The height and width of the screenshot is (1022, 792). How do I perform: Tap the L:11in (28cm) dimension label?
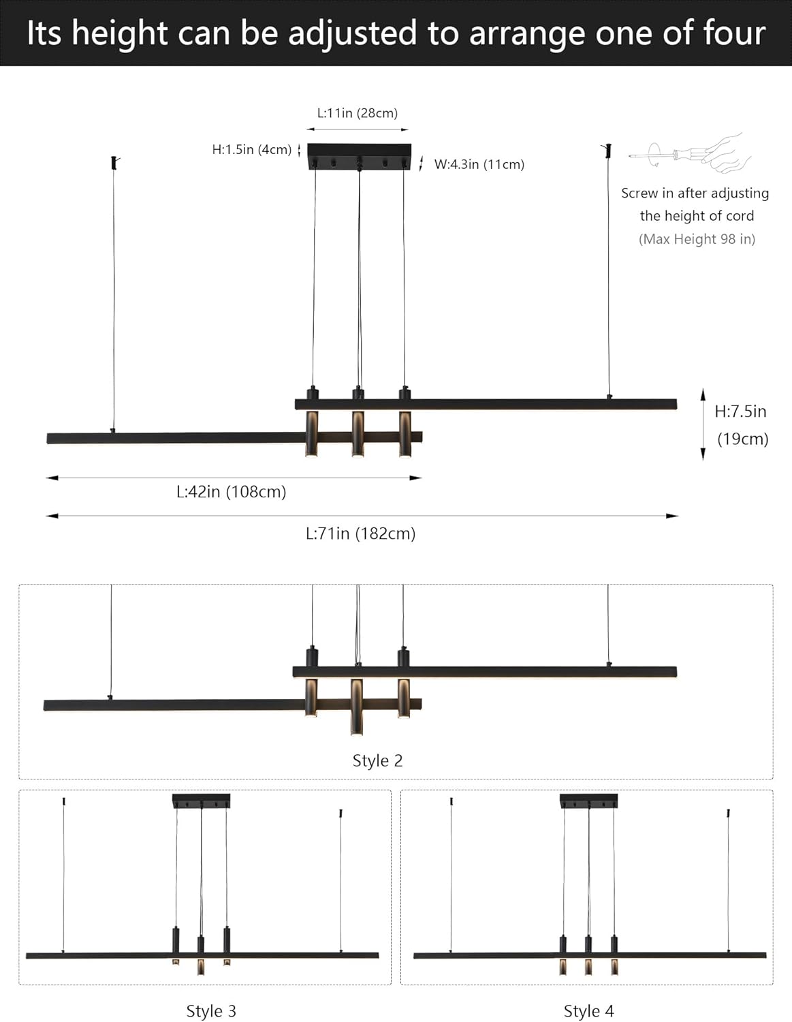coord(358,113)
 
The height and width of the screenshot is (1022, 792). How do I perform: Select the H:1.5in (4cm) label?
coord(251,150)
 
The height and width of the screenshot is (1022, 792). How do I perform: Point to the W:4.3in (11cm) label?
coord(479,164)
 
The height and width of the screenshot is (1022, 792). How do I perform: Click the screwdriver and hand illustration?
coord(691,152)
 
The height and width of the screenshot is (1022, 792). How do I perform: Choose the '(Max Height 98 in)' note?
coord(697,239)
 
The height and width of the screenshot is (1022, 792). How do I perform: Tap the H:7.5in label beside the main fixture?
coord(740,412)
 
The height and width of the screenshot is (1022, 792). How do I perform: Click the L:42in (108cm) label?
coord(231,492)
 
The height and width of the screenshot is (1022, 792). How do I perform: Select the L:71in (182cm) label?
coord(360,533)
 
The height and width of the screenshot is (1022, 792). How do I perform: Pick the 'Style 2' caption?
coord(377,760)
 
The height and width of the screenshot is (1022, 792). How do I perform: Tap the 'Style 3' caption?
coord(211,1011)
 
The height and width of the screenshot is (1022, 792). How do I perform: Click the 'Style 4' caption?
coord(588,1011)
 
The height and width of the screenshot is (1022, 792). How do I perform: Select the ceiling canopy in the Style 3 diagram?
coord(201,801)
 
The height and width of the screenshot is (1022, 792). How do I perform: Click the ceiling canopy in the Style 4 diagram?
coord(588,801)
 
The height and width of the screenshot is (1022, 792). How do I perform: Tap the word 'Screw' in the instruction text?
coord(639,193)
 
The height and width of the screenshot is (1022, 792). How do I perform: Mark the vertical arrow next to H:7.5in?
coord(703,424)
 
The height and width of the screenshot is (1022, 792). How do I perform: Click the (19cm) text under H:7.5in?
coord(742,439)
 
